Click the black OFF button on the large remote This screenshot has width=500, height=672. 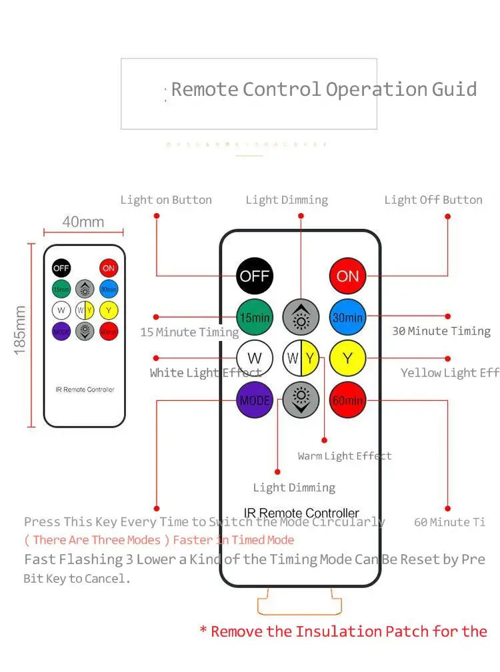255,276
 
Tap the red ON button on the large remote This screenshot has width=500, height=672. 348,276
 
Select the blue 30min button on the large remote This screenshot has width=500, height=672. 348,318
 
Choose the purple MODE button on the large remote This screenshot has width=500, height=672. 255,400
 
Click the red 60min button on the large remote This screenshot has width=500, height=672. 348,400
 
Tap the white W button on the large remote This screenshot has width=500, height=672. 255,358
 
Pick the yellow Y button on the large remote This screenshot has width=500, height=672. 348,358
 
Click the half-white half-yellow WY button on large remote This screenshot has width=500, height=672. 301,358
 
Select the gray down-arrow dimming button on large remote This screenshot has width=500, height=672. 301,400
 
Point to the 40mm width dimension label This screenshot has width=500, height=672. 83,222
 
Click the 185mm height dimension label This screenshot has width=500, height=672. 21,330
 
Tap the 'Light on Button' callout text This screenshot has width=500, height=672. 166,200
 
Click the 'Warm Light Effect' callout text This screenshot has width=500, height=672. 345,456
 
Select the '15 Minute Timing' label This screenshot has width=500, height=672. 189,332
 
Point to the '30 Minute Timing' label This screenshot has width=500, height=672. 441,331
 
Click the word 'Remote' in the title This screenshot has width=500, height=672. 205,89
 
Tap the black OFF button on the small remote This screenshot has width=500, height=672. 61,268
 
